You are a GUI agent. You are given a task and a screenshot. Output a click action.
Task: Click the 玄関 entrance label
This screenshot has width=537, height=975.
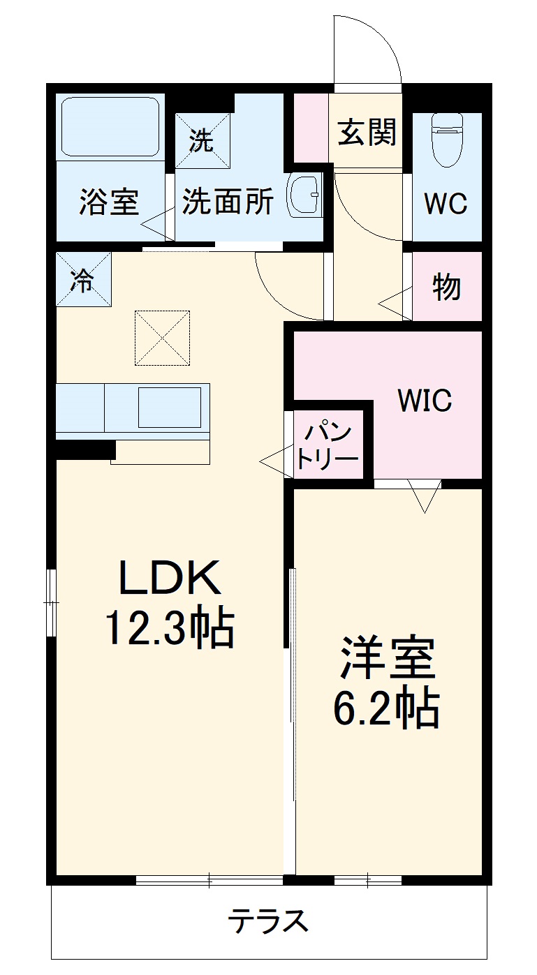[367, 132]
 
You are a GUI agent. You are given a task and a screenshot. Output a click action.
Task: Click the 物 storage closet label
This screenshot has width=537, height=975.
[447, 286]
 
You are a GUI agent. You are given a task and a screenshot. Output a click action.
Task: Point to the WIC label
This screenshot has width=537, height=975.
[425, 401]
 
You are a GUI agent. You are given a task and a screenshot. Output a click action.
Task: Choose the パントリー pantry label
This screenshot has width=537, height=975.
[328, 445]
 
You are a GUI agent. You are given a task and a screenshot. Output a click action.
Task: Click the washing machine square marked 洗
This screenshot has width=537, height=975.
[203, 140]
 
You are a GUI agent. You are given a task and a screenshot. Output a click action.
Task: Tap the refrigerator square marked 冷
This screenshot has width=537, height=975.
[83, 279]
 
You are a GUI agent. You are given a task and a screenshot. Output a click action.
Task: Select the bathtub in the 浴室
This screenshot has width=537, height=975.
[110, 128]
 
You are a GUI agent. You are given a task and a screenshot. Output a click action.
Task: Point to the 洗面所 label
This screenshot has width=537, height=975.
[228, 202]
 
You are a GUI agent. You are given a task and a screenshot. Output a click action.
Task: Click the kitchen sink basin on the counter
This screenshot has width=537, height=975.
[170, 408]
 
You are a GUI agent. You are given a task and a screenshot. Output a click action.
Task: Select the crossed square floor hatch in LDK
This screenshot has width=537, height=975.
[163, 338]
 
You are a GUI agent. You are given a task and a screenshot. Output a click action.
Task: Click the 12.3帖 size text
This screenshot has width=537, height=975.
[169, 627]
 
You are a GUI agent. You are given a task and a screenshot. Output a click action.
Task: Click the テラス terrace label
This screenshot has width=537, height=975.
[268, 921]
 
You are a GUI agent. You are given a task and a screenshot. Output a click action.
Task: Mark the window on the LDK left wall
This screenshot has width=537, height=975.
[51, 602]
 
